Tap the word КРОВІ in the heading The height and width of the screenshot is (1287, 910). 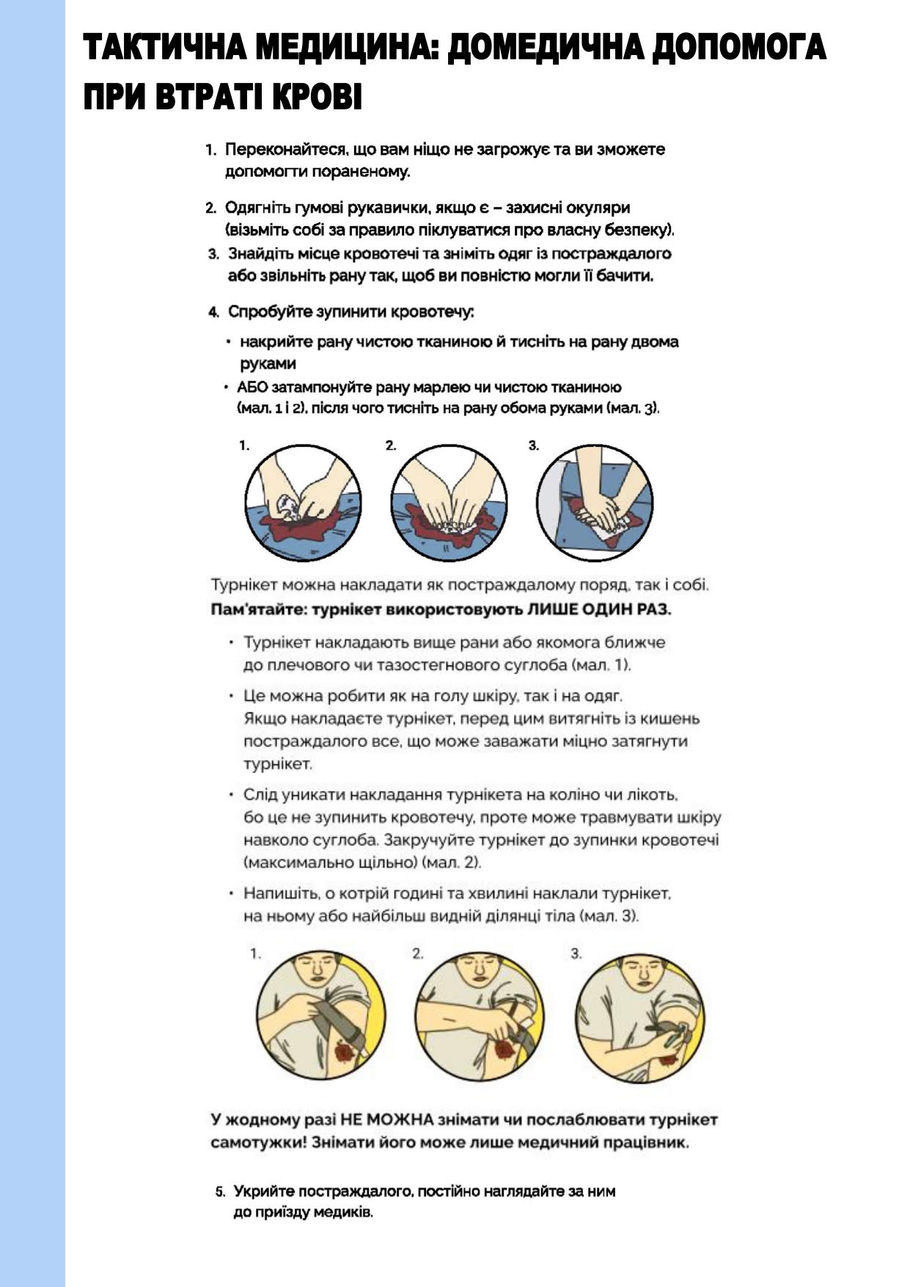point(317,97)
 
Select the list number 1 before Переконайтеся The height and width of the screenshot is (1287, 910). point(210,150)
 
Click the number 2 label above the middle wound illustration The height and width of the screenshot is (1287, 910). point(391,445)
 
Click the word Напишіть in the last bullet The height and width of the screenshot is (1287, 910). point(279,894)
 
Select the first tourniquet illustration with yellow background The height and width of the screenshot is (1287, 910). point(321,1016)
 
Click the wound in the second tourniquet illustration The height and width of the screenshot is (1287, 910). point(503,1049)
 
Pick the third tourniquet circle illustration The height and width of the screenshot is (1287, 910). point(640,1016)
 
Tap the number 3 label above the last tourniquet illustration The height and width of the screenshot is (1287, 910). point(576,954)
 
